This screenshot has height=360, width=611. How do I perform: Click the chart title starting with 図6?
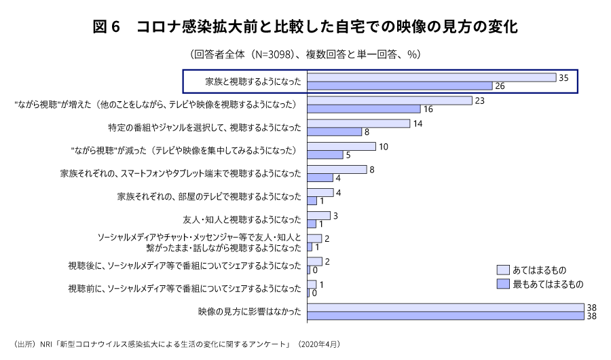pos(305,27)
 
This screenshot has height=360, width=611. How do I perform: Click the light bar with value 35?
pos(431,77)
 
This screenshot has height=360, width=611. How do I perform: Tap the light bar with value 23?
pos(389,101)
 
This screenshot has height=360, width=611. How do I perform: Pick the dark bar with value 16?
pos(363,109)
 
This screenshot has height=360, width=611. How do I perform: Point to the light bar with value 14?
pos(358,124)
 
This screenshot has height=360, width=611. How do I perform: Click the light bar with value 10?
pos(341,146)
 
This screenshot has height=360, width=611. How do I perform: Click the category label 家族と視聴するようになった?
pos(253,82)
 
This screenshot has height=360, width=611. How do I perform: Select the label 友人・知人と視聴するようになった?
pos(242,219)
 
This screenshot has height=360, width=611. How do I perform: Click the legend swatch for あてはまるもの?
pos(503,270)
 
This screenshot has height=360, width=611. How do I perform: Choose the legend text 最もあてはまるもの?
pos(548,283)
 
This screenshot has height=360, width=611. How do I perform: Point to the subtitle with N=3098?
pos(305,54)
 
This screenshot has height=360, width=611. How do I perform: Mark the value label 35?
pos(563,77)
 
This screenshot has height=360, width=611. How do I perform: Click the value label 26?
pos(500,86)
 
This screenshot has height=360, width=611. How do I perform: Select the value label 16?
pos(428,109)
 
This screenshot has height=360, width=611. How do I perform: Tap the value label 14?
pos(418,124)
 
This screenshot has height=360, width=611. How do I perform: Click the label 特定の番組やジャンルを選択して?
pos(204,128)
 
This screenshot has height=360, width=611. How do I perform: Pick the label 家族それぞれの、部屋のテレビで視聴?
pos(209,196)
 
